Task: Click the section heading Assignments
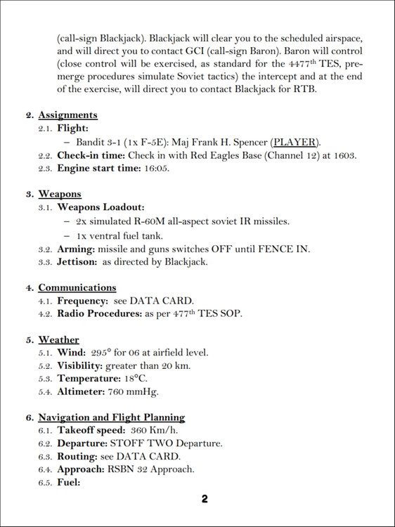tap(67, 115)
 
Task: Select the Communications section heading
tap(77, 287)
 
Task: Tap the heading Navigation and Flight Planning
tap(111, 417)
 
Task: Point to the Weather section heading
tap(58, 340)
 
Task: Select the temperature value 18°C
tap(124, 379)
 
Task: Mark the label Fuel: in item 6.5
tap(69, 483)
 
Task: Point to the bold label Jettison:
tap(77, 261)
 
